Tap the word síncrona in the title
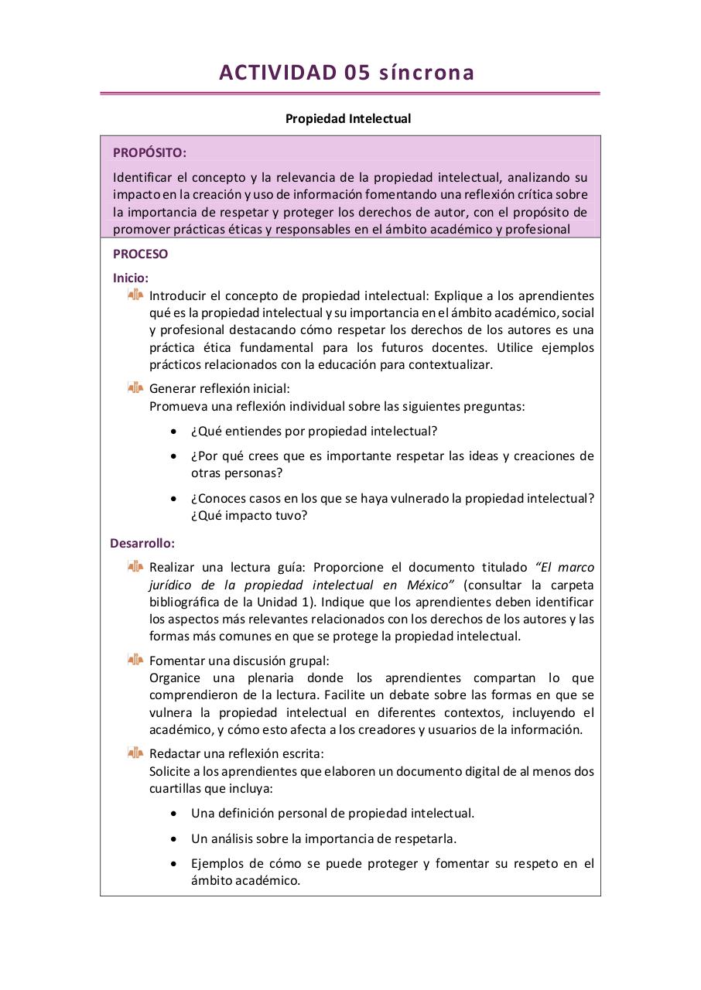427,73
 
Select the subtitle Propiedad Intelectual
348,119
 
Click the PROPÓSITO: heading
149,153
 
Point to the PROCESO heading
140,254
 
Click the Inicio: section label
131,278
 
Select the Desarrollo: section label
142,543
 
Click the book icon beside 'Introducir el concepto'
135,295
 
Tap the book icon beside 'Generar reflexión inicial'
135,388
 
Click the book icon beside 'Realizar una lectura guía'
135,567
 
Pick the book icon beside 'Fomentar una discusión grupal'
135,660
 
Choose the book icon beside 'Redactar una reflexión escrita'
135,753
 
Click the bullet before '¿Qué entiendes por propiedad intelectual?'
174,432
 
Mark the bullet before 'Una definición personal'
174,814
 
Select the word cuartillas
177,788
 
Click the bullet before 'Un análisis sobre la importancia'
174,838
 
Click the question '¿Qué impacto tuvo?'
248,516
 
